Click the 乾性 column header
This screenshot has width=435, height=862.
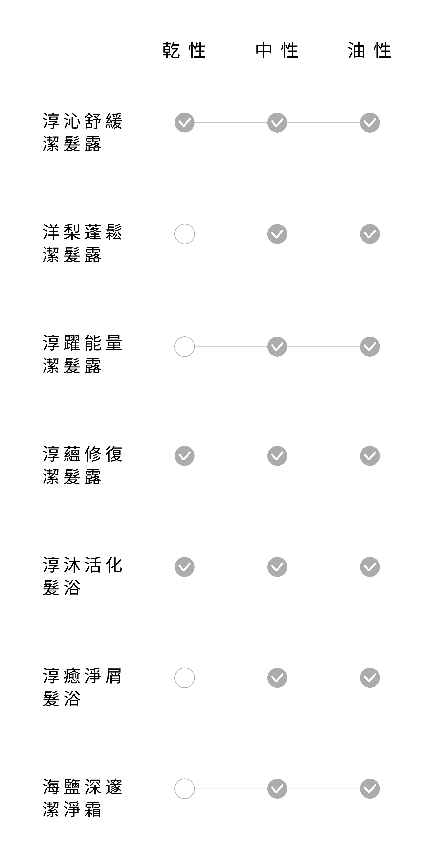tap(184, 50)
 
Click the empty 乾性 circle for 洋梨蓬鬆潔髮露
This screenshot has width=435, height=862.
tap(185, 234)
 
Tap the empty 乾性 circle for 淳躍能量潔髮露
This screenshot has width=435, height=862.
tap(185, 347)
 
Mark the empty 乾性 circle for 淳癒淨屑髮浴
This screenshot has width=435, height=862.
tap(185, 678)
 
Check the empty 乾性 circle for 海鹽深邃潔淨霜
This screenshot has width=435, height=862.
tap(185, 789)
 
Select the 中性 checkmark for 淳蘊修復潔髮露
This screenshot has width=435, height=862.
tap(277, 456)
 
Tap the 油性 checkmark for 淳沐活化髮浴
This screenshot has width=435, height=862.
tap(370, 567)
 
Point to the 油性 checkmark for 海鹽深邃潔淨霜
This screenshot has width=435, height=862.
tap(370, 789)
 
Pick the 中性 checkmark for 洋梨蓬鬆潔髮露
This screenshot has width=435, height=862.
tap(277, 234)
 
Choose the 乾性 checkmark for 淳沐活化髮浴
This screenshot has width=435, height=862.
tap(185, 567)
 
